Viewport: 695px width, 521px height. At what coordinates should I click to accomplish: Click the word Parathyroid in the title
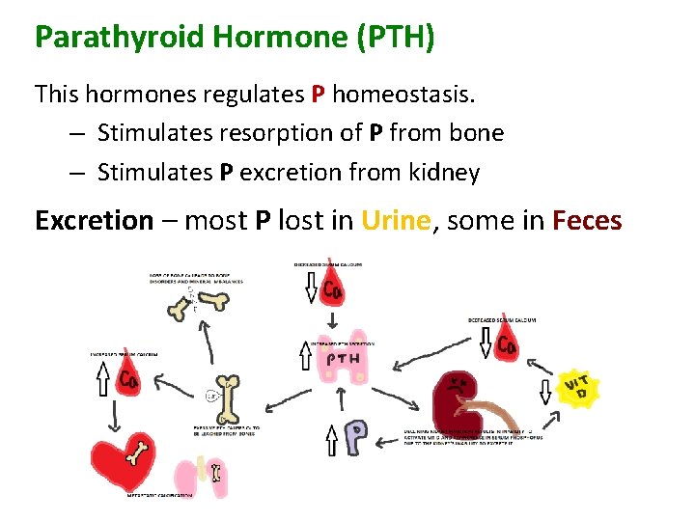(116, 37)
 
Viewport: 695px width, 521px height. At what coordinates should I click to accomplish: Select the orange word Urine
(396, 220)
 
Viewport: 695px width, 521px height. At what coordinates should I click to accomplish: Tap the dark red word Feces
(587, 220)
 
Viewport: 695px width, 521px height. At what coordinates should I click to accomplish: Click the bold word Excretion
(94, 220)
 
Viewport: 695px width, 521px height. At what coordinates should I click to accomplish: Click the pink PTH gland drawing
(343, 362)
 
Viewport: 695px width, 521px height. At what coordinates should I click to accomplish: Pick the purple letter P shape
(358, 437)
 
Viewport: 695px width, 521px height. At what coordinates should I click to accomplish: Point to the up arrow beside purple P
(331, 438)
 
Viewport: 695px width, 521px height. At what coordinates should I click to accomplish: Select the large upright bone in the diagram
(229, 398)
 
